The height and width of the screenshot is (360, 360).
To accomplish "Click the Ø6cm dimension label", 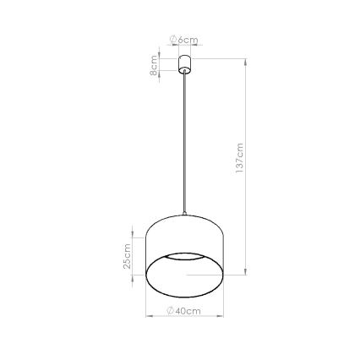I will point(183,40).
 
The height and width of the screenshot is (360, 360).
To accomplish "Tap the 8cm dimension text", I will point(154,65).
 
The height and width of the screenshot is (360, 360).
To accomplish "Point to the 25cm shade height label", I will point(127,257).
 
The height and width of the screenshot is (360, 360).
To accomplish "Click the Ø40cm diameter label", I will point(183,311).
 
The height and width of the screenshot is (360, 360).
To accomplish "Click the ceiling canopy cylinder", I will point(183,63).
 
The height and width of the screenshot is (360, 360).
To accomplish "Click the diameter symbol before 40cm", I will point(171,311).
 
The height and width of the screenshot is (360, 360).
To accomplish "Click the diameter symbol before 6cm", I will point(173,40).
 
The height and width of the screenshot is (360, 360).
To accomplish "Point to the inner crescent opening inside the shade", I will point(185,255).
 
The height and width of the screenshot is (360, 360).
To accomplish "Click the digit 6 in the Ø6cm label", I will point(180,40).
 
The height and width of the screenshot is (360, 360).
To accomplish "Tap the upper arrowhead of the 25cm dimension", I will point(132,228).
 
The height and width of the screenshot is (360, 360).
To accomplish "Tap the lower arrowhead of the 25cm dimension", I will point(132,286).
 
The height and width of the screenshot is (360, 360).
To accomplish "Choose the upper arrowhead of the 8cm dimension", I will point(160,57).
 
